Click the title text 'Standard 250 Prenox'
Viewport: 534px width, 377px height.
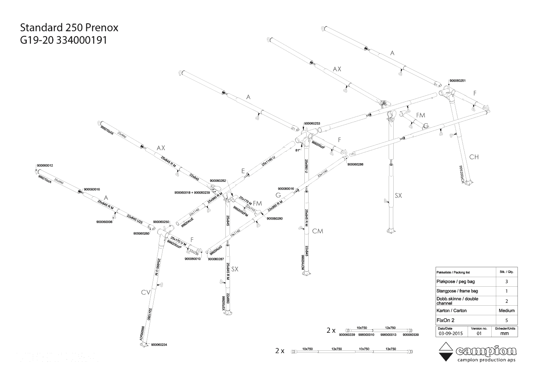(x=69, y=28)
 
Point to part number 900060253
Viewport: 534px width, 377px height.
(x=312, y=124)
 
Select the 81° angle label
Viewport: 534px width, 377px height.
(x=298, y=150)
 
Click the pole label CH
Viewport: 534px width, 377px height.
(x=474, y=157)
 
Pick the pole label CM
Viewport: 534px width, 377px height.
(x=317, y=231)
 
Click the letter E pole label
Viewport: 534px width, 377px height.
(x=243, y=171)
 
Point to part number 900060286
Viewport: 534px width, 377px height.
(x=355, y=165)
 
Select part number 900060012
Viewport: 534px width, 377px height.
(x=45, y=165)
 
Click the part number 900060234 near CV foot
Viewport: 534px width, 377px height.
(x=159, y=345)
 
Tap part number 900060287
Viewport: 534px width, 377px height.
(x=216, y=259)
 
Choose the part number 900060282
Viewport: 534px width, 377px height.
(x=218, y=181)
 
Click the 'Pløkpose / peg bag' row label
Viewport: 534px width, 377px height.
(x=455, y=282)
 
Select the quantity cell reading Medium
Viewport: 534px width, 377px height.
(x=507, y=311)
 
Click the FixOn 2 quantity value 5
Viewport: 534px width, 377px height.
(x=507, y=321)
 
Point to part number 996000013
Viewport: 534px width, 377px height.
(x=388, y=335)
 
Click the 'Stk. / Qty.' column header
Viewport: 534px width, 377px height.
(x=507, y=272)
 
